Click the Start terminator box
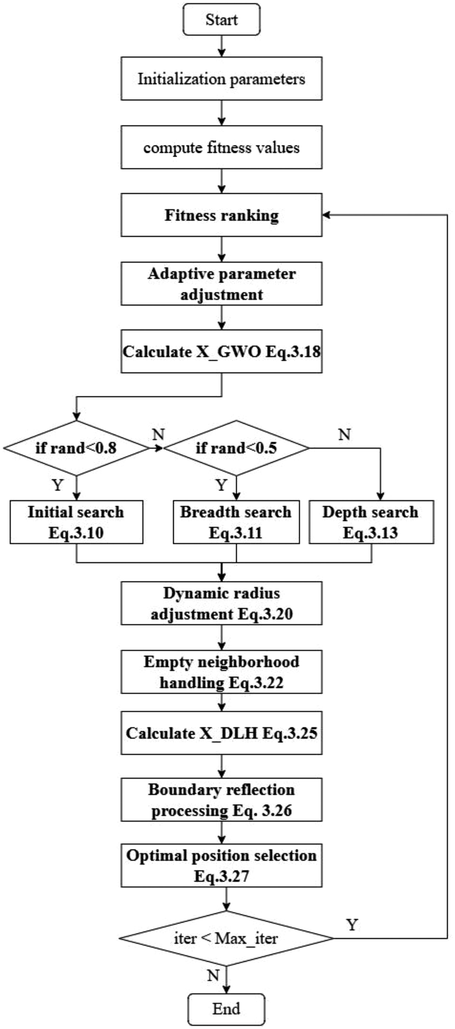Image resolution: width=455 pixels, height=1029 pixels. pos(221,20)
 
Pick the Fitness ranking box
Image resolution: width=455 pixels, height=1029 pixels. pos(221,215)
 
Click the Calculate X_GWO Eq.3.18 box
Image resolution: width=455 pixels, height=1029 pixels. pos(221,352)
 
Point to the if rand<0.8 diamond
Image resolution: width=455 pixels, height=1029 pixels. pos(76,448)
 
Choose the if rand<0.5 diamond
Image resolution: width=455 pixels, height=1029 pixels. pos(236,448)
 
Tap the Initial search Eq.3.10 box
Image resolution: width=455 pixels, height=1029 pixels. pos(76,522)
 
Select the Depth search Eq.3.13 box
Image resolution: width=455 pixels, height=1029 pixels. pos(371,522)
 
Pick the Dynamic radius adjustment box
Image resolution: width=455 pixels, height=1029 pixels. pos(221,603)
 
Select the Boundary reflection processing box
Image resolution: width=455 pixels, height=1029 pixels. pos(221,800)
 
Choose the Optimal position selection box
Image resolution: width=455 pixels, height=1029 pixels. pos(221,866)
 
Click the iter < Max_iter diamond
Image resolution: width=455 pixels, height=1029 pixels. pos(226,938)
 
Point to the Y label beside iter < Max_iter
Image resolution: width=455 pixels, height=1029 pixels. pos(352,924)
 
